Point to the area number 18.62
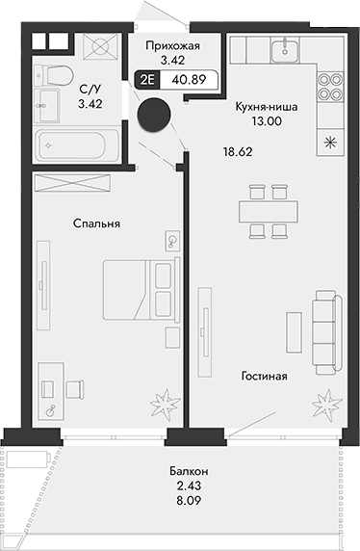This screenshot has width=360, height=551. (x=237, y=152)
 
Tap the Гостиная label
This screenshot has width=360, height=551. (x=265, y=377)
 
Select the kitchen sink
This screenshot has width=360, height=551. (x=285, y=50)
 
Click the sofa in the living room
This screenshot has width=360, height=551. (x=324, y=328)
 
